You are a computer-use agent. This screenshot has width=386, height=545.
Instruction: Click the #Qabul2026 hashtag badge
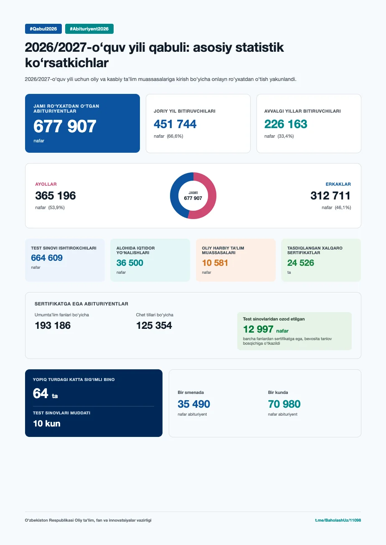43,29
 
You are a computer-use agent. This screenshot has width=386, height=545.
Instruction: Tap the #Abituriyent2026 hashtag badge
89,29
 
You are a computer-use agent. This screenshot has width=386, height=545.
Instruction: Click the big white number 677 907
65,126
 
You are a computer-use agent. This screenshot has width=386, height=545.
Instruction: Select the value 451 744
175,124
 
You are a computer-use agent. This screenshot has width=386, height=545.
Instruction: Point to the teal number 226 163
286,124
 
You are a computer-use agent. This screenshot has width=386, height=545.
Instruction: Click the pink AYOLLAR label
46,184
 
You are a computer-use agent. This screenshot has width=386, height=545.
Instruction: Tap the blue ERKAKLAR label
338,184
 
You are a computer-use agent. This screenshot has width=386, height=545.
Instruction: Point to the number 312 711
330,196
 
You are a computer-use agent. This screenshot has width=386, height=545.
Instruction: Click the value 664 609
47,257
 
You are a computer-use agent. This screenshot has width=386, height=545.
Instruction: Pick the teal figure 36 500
130,263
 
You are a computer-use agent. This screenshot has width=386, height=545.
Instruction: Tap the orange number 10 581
215,263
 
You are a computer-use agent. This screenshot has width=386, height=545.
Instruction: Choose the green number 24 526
300,263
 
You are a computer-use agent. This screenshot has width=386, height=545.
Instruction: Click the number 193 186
53,325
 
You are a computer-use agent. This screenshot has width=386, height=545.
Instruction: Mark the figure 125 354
154,325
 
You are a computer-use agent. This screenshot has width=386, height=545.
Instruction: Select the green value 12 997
258,329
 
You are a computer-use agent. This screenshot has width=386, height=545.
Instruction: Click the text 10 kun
47,424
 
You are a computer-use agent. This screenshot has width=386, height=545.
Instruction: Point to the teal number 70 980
284,404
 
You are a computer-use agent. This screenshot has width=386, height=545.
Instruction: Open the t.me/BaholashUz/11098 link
338,520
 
